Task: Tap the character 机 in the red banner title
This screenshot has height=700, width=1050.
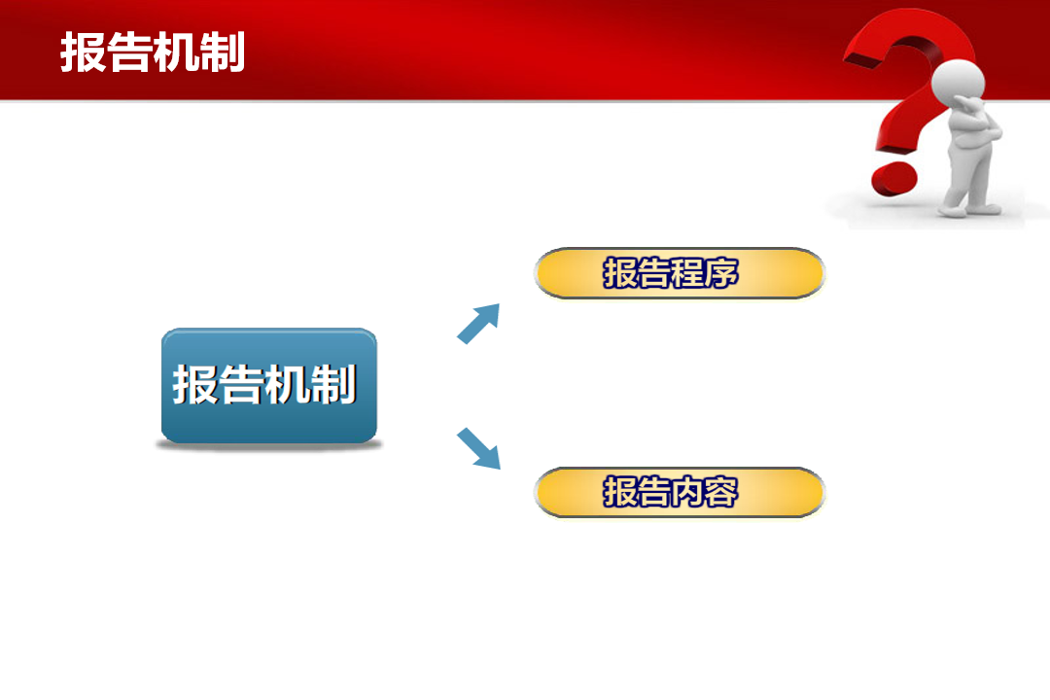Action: [x=175, y=52]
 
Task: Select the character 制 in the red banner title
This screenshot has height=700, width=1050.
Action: [x=223, y=52]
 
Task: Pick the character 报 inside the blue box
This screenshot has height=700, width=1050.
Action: [x=195, y=384]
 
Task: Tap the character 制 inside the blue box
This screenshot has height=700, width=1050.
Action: [x=332, y=384]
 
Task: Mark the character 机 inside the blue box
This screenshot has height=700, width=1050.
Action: [x=287, y=384]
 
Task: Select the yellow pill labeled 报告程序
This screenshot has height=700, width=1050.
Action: [x=680, y=272]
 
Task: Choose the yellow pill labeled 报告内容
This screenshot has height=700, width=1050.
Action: [x=680, y=492]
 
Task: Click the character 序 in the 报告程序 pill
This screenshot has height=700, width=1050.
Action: [x=721, y=272]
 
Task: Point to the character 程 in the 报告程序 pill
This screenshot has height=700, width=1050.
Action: [x=687, y=272]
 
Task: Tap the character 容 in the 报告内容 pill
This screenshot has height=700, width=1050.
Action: [x=721, y=492]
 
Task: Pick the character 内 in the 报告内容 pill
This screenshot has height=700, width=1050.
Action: [x=687, y=492]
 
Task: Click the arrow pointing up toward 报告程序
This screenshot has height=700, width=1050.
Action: [x=478, y=324]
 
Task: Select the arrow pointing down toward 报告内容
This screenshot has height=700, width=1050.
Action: [x=478, y=448]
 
